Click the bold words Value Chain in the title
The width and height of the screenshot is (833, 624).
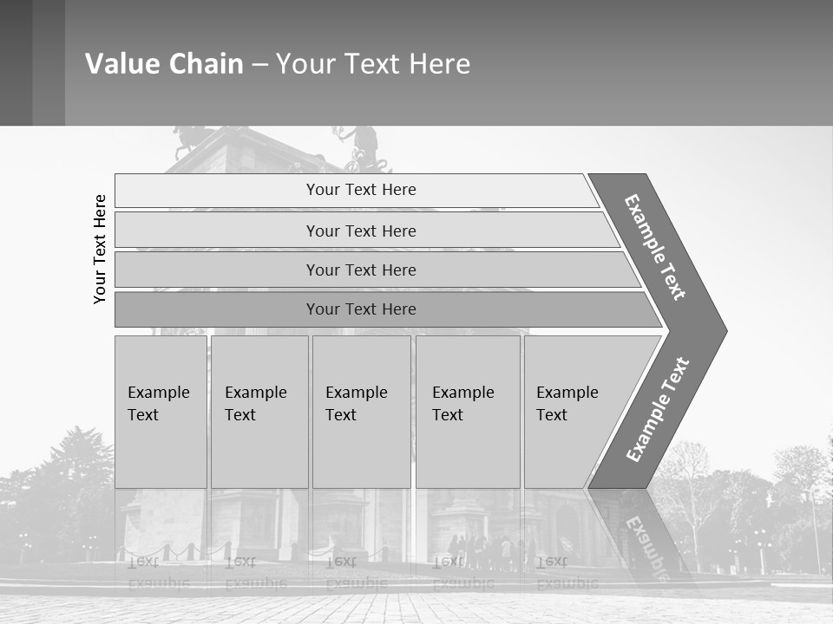pyautogui.click(x=164, y=63)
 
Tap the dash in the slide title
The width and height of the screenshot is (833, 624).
pyautogui.click(x=259, y=64)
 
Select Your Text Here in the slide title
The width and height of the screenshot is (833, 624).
pyautogui.click(x=373, y=63)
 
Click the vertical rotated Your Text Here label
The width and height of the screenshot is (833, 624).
pyautogui.click(x=100, y=249)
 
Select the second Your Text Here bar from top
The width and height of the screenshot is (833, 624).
pyautogui.click(x=361, y=231)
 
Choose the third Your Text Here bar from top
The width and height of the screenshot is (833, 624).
pyautogui.click(x=361, y=270)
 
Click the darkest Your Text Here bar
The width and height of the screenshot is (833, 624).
pyautogui.click(x=361, y=309)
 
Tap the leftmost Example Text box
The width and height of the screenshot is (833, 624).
pyautogui.click(x=161, y=411)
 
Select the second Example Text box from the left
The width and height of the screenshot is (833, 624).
pyautogui.click(x=259, y=411)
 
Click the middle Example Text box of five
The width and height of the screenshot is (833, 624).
pyautogui.click(x=361, y=411)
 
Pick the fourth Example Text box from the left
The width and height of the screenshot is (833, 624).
pyautogui.click(x=467, y=411)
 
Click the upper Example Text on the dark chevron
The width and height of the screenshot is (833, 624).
pyautogui.click(x=655, y=247)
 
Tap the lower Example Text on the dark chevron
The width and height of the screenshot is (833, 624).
pyautogui.click(x=658, y=409)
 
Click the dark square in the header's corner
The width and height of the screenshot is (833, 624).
pyautogui.click(x=16, y=62)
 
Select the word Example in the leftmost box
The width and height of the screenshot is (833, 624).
pyautogui.click(x=158, y=393)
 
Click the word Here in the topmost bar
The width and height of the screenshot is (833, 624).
pyautogui.click(x=398, y=190)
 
